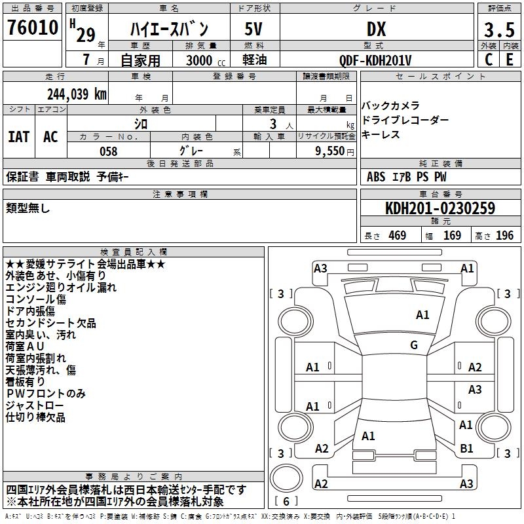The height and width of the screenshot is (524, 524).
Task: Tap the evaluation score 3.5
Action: [498, 30]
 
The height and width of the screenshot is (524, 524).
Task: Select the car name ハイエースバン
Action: [168, 29]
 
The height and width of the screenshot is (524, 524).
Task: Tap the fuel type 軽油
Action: [254, 60]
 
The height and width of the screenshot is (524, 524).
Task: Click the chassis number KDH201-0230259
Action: [440, 208]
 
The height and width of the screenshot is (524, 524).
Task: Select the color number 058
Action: [108, 151]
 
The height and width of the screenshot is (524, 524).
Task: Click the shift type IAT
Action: [18, 136]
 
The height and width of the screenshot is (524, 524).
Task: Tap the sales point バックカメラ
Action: [390, 106]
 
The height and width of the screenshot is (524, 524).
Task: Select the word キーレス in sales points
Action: [381, 135]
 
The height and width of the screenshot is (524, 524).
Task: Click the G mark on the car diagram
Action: [414, 345]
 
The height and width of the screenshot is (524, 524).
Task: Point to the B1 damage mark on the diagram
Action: [466, 449]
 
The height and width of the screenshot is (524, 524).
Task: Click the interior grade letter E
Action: [510, 60]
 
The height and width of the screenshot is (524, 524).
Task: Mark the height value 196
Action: [504, 236]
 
